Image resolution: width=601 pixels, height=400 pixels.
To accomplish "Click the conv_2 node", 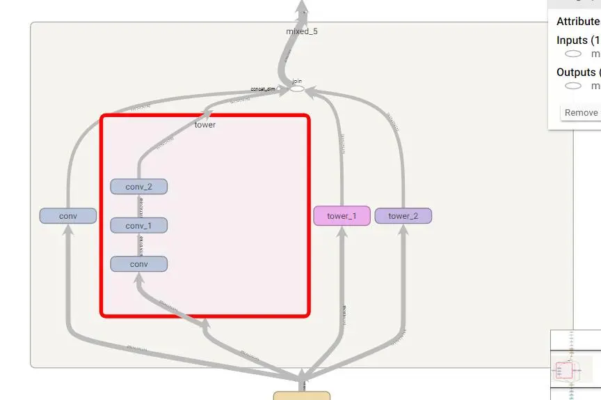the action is tap(138, 187).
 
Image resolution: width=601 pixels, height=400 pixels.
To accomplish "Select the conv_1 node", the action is tap(138, 226).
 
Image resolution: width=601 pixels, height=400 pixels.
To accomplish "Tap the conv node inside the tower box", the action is tap(138, 264).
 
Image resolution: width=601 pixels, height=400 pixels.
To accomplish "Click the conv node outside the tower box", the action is tap(67, 216).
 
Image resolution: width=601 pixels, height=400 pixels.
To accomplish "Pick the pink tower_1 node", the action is tap(342, 216).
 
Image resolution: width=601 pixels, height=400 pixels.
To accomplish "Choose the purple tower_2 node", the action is tap(403, 216).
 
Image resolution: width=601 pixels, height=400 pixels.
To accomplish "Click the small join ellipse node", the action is tap(297, 89).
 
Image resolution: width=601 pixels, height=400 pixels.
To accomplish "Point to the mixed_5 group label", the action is tap(302, 31).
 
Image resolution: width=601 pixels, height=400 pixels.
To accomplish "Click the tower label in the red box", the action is tap(205, 125).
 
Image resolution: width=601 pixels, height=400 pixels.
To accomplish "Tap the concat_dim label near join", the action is tap(263, 89).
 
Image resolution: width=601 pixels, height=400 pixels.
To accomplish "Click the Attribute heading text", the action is tap(577, 22).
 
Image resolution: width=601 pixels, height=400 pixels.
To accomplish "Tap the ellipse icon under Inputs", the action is tap(573, 54).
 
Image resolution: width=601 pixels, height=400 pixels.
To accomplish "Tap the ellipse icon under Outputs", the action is tap(573, 86).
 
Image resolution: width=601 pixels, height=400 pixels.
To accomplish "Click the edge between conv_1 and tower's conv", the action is tap(139, 245).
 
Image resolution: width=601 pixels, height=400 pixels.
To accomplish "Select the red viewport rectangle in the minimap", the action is tap(564, 370).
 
